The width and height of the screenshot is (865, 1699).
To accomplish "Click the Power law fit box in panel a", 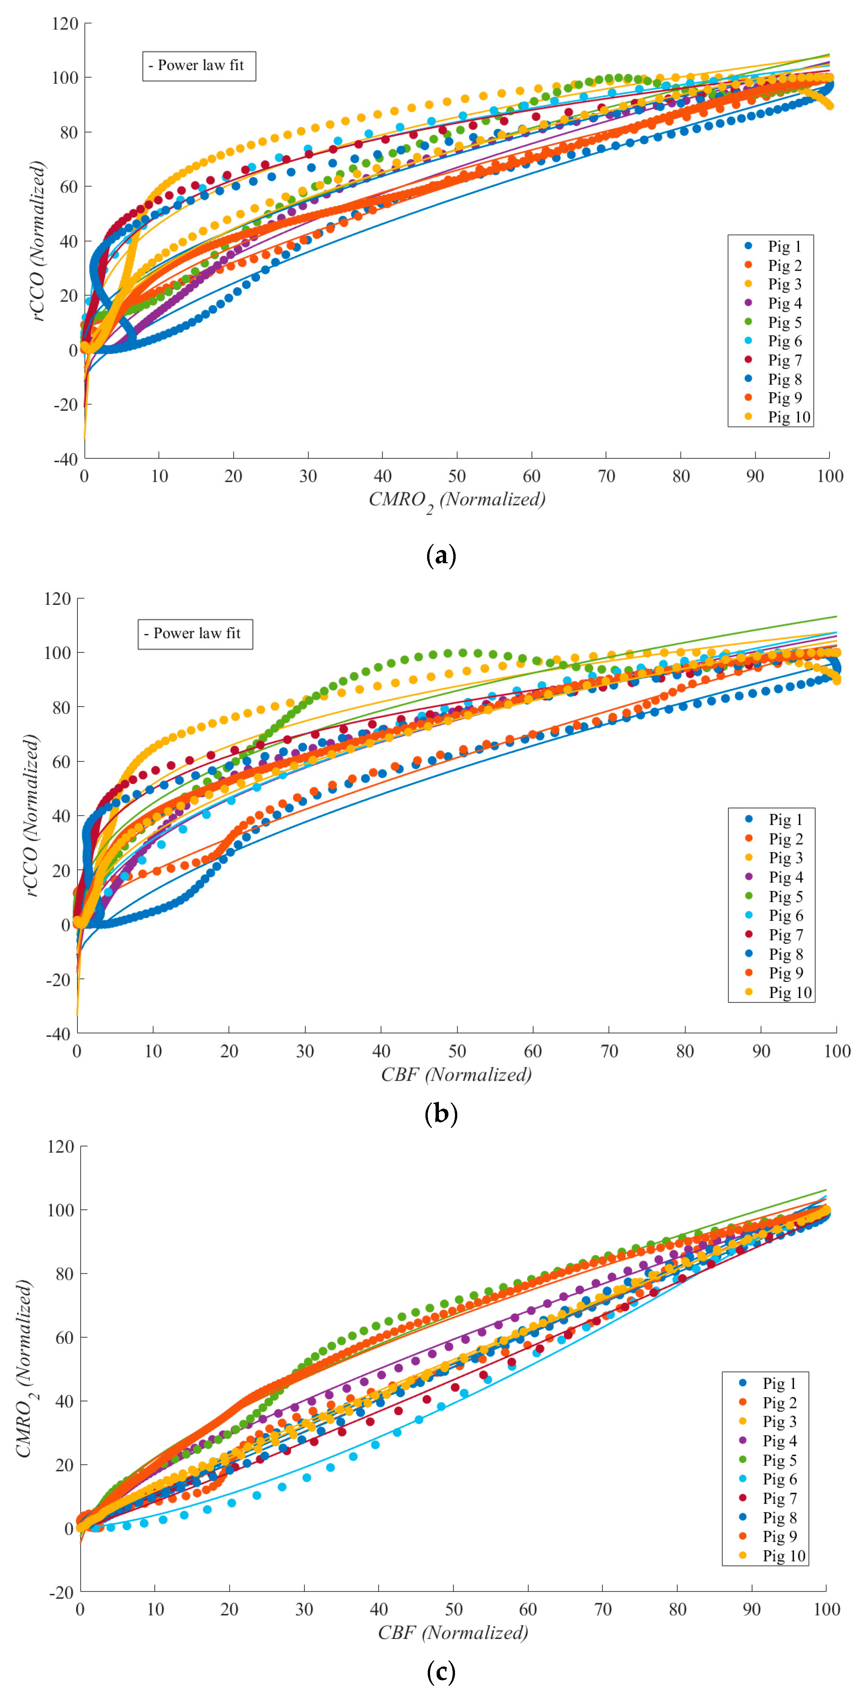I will pyautogui.click(x=199, y=66).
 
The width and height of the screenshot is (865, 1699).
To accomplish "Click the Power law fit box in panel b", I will pyautogui.click(x=195, y=634).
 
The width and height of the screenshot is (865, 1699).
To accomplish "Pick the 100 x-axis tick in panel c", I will pyautogui.click(x=826, y=1609).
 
